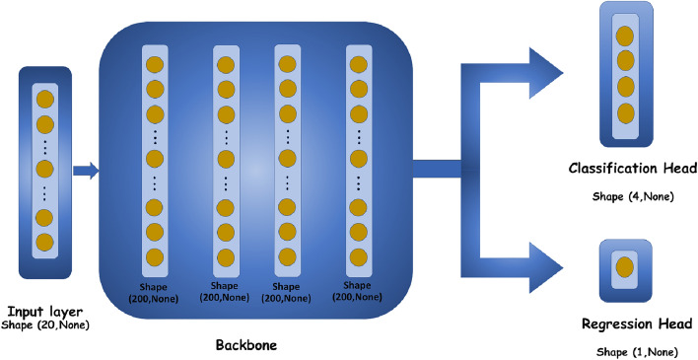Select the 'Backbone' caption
pos(245,347)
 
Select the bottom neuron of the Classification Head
pos(623,109)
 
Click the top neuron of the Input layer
pos(44,99)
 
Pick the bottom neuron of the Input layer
pos(44,242)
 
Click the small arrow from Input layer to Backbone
pos(87,172)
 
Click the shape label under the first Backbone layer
pos(155,289)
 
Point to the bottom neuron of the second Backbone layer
pos(226,256)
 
